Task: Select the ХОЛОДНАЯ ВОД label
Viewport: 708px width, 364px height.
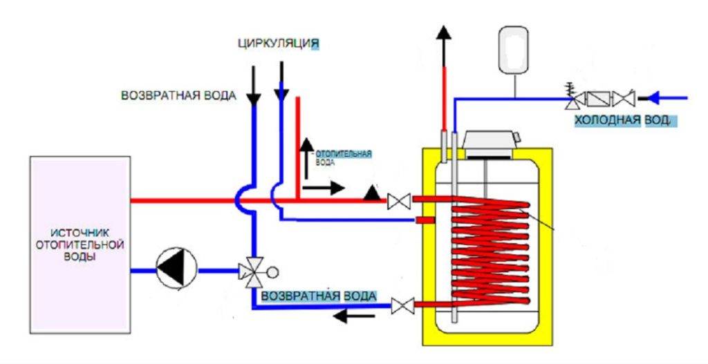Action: [623, 121]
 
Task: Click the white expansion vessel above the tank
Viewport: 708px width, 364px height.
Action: [514, 49]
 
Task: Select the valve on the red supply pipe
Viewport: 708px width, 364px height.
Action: [399, 201]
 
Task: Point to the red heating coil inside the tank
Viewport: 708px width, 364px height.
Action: [487, 252]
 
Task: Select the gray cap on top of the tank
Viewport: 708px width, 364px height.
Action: [490, 143]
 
